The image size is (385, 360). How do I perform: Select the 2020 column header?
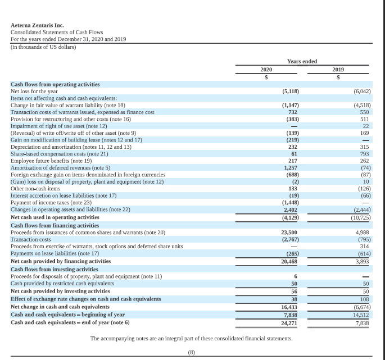pos(266,69)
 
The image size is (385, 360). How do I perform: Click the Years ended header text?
pos(302,61)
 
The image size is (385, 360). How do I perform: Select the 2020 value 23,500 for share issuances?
pos(289,231)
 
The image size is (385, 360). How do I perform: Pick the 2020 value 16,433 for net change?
pos(289,307)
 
